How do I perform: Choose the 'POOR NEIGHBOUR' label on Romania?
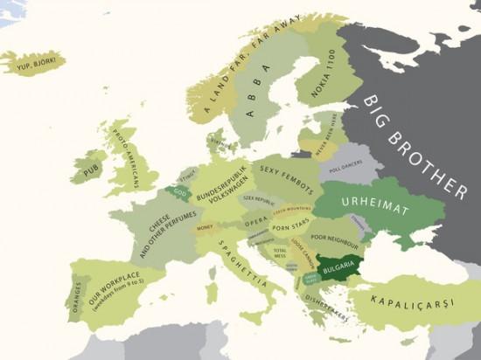(x=334, y=237)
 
